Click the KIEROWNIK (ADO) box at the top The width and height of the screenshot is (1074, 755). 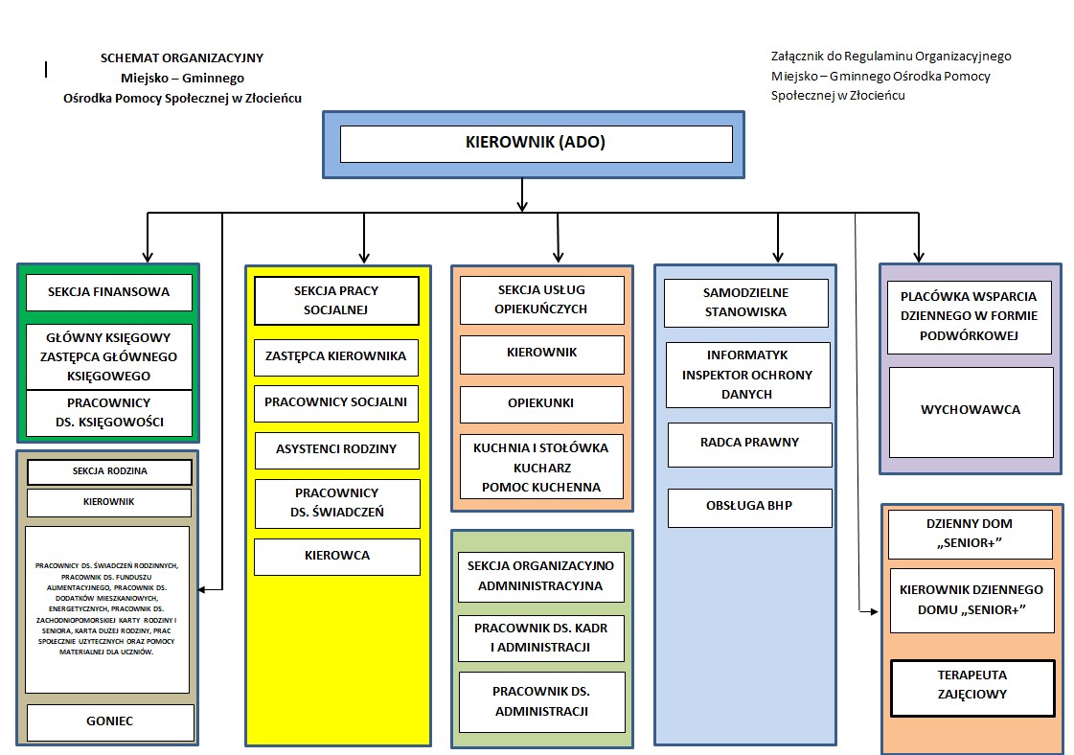536,144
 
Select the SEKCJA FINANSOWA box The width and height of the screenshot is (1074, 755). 108,292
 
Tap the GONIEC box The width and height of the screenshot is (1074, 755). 110,722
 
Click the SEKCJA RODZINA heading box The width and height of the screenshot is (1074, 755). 109,471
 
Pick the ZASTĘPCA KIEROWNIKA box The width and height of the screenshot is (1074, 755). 336,356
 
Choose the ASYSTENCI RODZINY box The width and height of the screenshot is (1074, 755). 336,448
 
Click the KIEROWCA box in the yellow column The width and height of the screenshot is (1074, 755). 336,556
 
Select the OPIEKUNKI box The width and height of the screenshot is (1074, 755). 541,403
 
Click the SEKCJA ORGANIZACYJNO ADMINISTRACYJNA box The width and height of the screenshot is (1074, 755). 541,576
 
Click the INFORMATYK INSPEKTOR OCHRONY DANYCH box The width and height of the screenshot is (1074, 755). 747,375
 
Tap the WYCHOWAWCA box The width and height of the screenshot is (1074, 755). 971,410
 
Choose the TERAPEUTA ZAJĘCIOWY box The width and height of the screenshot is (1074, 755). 971,684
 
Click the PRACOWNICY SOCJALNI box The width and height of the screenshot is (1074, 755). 336,402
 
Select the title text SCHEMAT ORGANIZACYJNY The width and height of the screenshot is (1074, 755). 182,57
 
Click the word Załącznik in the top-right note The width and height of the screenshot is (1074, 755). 801,57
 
